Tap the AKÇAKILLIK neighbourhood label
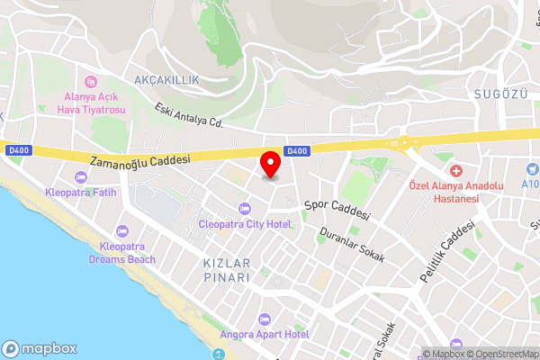166,80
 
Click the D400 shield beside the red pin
296,151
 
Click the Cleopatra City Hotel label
246,223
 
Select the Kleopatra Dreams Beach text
121,253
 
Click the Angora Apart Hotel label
265,334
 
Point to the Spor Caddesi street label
337,210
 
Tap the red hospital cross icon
456,171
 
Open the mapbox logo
40,348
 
